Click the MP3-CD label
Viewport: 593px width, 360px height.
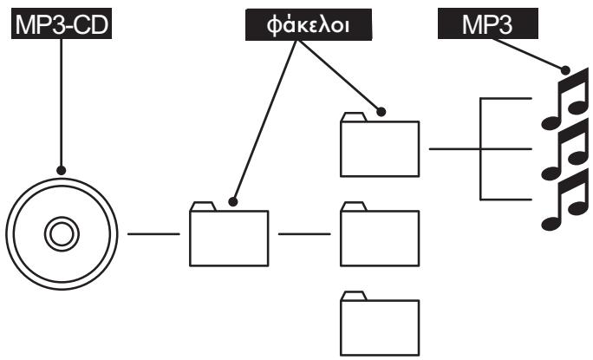pyautogui.click(x=62, y=23)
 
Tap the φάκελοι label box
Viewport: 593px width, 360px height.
pyautogui.click(x=309, y=24)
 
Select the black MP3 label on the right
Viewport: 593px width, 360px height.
pyautogui.click(x=488, y=23)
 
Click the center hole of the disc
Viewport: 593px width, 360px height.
pyautogui.click(x=62, y=234)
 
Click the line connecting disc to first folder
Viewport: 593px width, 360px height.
pyautogui.click(x=153, y=234)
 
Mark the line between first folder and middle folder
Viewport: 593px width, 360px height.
pyautogui.click(x=304, y=234)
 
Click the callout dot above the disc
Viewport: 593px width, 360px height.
pyautogui.click(x=62, y=170)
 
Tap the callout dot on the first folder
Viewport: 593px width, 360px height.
pyautogui.click(x=233, y=202)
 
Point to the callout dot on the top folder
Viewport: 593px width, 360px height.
pyautogui.click(x=381, y=112)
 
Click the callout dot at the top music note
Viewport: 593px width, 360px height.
pyautogui.click(x=565, y=70)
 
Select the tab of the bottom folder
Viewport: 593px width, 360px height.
pyautogui.click(x=354, y=296)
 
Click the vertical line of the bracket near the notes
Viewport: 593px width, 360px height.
pyautogui.click(x=480, y=148)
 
